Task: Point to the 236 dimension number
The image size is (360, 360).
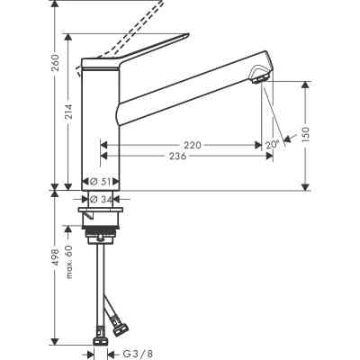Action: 180,157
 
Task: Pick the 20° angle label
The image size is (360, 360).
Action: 271,144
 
